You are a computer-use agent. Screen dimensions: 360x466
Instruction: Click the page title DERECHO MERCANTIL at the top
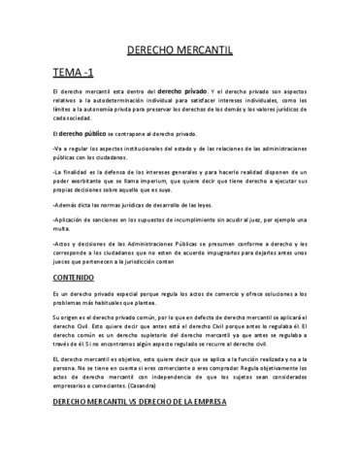pyautogui.click(x=180, y=46)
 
